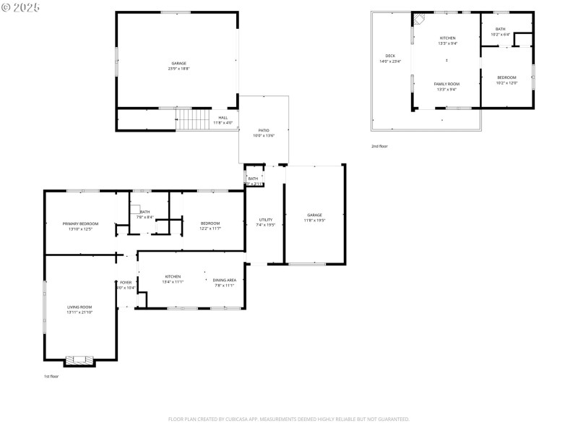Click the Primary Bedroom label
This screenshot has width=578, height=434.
80,224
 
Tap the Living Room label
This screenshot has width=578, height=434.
80,307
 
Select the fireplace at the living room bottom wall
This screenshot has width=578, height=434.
79,359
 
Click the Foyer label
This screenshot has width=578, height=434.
126,282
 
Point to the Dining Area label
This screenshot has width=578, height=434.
225,279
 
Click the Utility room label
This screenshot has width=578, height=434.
266,219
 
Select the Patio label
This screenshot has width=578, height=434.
264,130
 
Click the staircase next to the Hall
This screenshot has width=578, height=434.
193,119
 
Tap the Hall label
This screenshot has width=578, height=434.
223,117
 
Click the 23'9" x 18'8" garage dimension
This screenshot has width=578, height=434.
178,69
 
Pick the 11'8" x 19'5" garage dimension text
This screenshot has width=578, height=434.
314,220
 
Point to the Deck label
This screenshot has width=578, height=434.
390,56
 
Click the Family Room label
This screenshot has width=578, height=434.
447,84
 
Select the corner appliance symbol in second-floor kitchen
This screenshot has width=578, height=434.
418,20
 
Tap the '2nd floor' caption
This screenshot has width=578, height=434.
379,146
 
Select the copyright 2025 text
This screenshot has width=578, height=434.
21,7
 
